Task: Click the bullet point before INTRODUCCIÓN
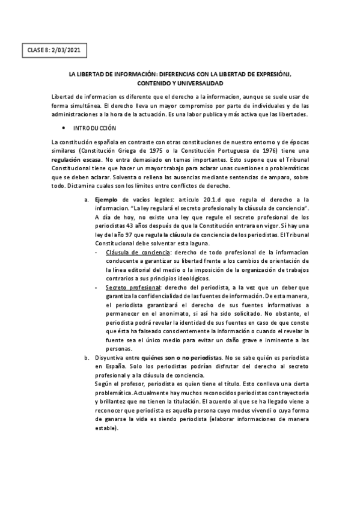pyautogui.click(x=64, y=128)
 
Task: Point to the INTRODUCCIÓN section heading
pyautogui.click(x=95, y=128)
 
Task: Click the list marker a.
pyautogui.click(x=87, y=199)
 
